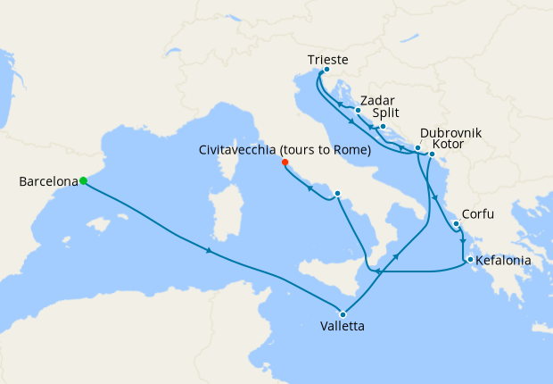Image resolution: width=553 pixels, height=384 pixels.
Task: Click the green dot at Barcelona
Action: click(83, 180)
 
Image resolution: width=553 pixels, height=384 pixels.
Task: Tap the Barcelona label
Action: click(47, 182)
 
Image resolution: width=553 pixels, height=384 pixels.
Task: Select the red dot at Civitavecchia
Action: click(285, 163)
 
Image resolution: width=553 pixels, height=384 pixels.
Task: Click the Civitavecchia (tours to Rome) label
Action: click(285, 150)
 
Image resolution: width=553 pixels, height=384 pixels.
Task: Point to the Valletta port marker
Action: click(343, 313)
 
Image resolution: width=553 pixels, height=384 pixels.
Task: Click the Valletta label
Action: click(342, 327)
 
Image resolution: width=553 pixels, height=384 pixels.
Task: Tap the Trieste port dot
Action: click(326, 70)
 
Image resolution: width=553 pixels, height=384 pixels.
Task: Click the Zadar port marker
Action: click(358, 111)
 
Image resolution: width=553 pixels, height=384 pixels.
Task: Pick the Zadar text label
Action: click(378, 101)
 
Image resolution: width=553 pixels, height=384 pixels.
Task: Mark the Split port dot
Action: click(383, 126)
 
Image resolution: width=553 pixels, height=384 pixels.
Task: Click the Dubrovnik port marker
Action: click(417, 147)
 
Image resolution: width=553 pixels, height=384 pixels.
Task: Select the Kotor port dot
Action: click(432, 154)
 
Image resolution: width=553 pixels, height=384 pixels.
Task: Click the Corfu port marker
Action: click(456, 224)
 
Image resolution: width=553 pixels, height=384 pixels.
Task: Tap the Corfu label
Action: click(478, 215)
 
